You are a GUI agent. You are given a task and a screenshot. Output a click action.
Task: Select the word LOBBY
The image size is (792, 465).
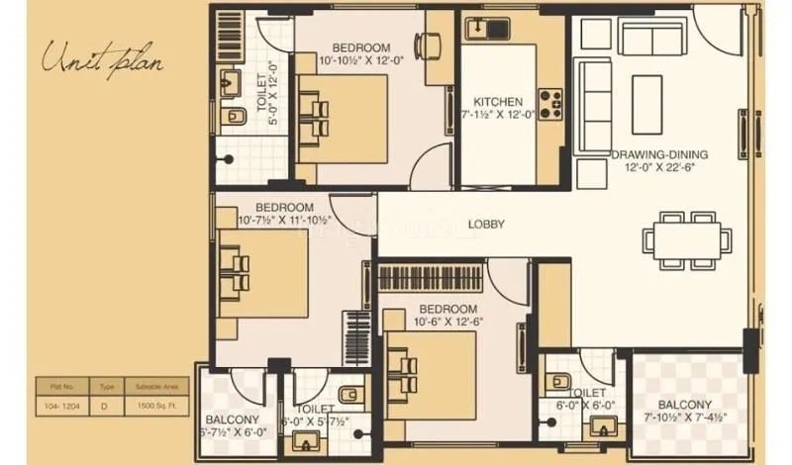pos(486,225)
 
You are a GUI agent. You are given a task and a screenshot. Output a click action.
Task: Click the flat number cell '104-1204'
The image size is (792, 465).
pos(61,406)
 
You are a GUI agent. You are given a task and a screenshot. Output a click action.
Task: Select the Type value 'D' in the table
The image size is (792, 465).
pos(105,406)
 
